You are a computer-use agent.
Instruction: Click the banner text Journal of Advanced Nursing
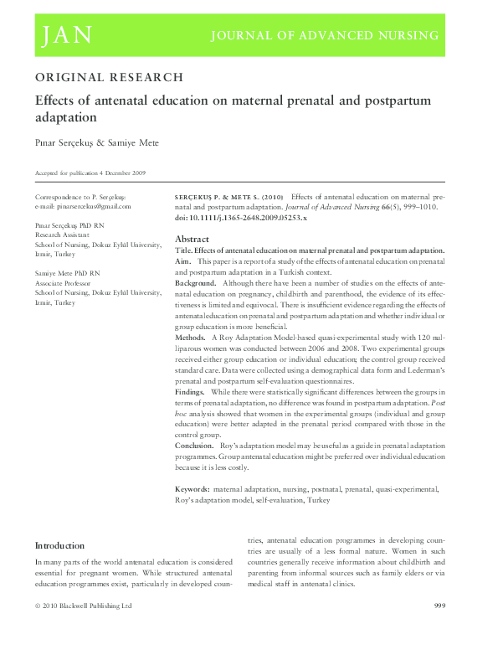[x=324, y=35]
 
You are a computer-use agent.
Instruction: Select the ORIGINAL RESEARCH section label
[x=109, y=77]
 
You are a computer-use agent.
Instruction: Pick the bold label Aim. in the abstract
[x=183, y=262]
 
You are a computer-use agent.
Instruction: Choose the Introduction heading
[x=59, y=545]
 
